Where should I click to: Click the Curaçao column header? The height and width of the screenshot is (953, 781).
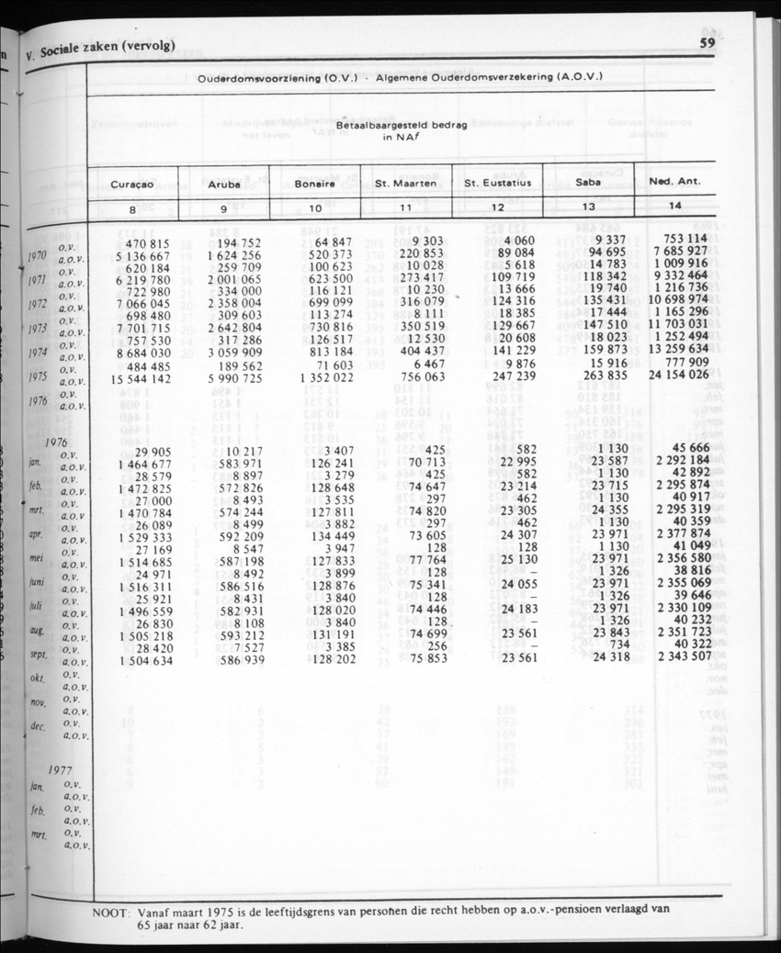(132, 184)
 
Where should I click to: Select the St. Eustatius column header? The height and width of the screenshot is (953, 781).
(497, 183)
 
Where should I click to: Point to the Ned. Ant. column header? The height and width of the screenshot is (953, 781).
(674, 181)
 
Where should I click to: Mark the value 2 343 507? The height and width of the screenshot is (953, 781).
(679, 656)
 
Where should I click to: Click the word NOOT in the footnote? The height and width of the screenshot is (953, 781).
(111, 914)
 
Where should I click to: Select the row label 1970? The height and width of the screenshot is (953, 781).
(39, 254)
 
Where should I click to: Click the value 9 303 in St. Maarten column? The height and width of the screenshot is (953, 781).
(426, 240)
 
